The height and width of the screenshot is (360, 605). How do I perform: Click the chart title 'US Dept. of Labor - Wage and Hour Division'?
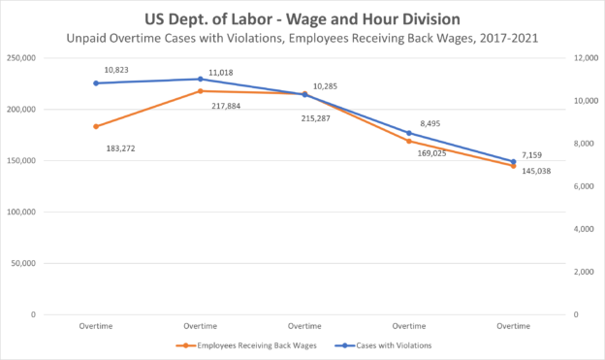[302, 18]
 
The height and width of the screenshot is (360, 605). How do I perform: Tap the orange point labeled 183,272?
[96, 126]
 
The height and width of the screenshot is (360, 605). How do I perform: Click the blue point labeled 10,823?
[96, 83]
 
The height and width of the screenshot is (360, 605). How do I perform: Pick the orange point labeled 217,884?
[201, 91]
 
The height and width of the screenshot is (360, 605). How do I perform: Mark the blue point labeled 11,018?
[201, 80]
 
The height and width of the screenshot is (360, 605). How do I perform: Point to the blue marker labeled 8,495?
[409, 133]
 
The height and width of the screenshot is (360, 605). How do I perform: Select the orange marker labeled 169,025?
[409, 142]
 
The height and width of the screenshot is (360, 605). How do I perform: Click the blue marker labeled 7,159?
[513, 162]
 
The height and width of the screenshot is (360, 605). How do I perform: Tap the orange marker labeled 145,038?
[513, 166]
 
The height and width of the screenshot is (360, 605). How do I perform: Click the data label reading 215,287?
[321, 116]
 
